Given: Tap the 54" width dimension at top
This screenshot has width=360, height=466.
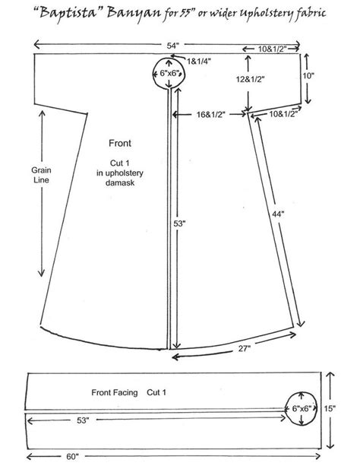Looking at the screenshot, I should tap(174, 46).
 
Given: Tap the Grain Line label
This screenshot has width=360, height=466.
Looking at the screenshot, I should tap(42, 176).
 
